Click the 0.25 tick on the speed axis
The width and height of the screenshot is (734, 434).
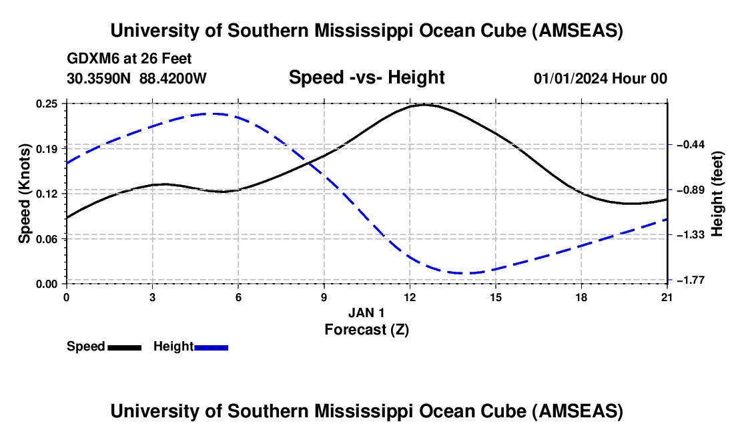coord(48,103)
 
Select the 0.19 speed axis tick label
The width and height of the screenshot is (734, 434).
coord(48,148)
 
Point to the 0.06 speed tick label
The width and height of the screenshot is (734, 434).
coord(48,238)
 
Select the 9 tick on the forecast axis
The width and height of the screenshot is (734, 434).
coord(324,296)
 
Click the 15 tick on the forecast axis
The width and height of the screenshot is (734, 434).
coord(496,296)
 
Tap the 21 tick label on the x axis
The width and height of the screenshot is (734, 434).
coord(667,296)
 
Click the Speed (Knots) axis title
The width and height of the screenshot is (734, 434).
coord(25,194)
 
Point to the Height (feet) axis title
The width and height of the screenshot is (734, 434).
coord(717,194)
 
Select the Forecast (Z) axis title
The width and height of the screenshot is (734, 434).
coord(366,329)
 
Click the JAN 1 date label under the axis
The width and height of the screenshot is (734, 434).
coord(366,312)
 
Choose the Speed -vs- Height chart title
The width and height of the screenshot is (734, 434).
coord(366,77)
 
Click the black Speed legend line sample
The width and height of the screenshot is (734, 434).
coord(124,347)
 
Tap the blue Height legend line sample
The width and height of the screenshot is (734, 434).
coord(212,347)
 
